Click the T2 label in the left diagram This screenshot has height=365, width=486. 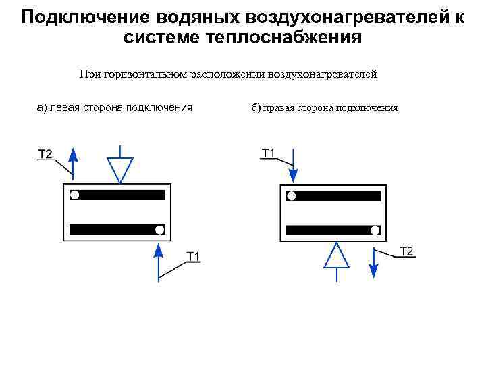[x=45, y=155]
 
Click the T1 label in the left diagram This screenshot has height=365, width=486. [x=194, y=255]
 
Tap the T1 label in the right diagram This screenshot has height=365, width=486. [x=269, y=153]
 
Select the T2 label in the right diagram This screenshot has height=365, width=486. [x=407, y=252]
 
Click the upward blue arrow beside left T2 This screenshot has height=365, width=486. [x=74, y=162]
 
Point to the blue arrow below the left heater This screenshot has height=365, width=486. [x=159, y=260]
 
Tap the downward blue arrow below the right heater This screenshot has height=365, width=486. [x=373, y=262]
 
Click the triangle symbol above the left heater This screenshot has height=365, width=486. [x=120, y=167]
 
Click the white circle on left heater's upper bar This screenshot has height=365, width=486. [x=75, y=195]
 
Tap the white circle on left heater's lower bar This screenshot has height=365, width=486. [x=159, y=230]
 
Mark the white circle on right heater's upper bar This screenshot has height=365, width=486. [x=291, y=196]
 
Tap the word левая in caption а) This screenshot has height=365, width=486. [x=64, y=107]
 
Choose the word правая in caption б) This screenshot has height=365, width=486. [x=281, y=107]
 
